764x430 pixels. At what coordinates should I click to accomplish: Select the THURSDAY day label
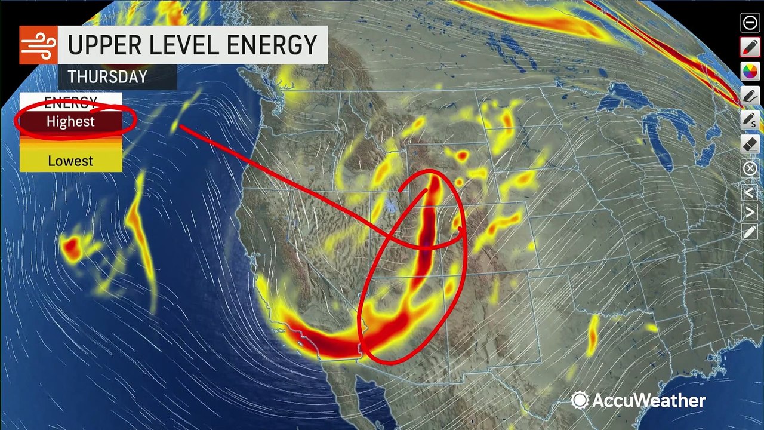(107, 77)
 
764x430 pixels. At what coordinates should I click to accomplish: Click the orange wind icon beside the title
(38, 45)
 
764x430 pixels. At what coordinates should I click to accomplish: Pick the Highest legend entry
(70, 122)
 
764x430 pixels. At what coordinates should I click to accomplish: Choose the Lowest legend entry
(70, 161)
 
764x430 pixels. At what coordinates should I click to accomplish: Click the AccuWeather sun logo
(579, 400)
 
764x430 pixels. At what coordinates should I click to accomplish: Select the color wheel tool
(750, 72)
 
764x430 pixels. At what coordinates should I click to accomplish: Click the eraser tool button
(750, 144)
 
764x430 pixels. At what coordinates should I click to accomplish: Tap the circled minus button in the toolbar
(750, 23)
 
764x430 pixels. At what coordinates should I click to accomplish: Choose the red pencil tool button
(750, 47)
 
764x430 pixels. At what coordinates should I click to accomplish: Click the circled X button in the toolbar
(750, 168)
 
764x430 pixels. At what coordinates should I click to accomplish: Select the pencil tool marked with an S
(750, 120)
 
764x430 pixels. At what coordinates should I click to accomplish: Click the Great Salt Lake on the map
(391, 206)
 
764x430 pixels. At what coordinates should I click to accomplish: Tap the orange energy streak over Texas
(592, 336)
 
